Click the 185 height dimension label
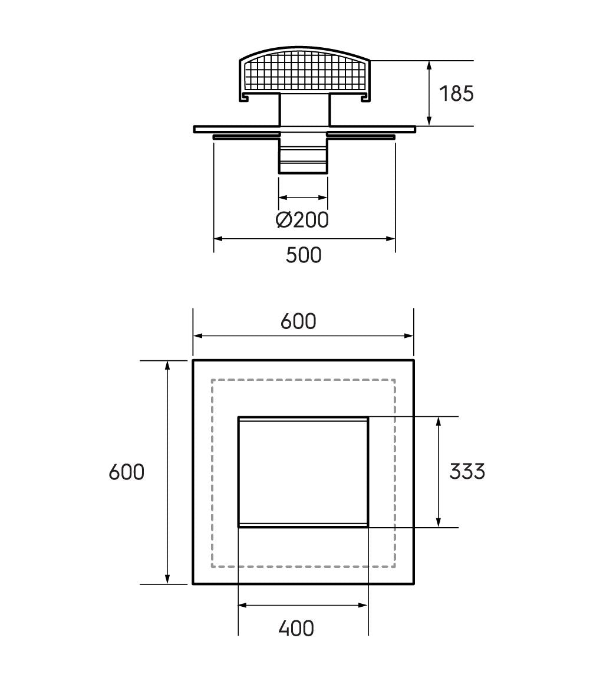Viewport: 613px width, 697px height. tap(456, 93)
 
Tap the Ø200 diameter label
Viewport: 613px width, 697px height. tap(302, 219)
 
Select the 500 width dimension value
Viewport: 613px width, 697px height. tap(304, 255)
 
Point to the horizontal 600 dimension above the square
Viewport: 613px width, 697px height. tap(298, 321)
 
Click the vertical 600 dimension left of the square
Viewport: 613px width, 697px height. tap(127, 472)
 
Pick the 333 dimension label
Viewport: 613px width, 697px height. tap(467, 471)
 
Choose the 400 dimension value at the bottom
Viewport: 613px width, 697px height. tap(296, 629)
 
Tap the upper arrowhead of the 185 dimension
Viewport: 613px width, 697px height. tap(429, 66)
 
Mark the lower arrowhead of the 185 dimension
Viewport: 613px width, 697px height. tap(429, 120)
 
